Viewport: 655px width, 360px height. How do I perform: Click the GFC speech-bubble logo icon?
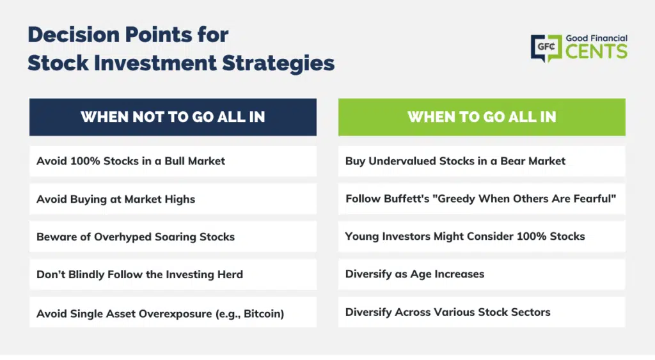pos(546,48)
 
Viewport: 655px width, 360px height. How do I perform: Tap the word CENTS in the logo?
pos(597,52)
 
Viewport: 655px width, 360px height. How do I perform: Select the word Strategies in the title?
pos(278,63)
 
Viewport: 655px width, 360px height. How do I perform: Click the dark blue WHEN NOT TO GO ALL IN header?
pos(173,117)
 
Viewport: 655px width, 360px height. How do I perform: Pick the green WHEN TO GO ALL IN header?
pos(482,117)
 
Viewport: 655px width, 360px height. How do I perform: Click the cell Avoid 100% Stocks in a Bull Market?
pos(173,160)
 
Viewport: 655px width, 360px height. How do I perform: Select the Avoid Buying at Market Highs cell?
pos(173,199)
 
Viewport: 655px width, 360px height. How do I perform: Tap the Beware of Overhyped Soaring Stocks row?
pos(173,237)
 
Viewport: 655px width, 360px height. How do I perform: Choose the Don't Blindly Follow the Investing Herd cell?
pos(173,274)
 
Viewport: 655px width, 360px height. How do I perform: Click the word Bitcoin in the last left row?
pos(262,314)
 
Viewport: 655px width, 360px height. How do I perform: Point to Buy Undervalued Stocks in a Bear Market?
pos(482,160)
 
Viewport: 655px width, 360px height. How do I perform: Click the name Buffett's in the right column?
pos(406,198)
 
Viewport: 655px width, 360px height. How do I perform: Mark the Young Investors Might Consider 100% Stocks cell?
pos(482,237)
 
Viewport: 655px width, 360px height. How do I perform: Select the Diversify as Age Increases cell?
pos(482,274)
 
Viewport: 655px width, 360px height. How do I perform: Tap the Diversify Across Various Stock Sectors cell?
pos(482,312)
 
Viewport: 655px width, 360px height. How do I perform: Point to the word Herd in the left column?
pos(230,274)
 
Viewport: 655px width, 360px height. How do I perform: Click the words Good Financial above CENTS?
pos(597,38)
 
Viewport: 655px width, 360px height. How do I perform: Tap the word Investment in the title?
pos(155,63)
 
